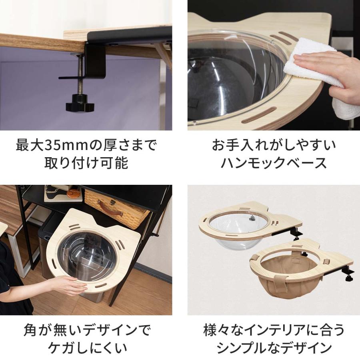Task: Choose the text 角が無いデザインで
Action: click(x=86, y=331)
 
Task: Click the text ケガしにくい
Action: click(x=86, y=348)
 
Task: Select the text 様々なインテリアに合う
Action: click(x=274, y=331)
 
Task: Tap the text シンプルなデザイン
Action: click(x=274, y=348)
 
